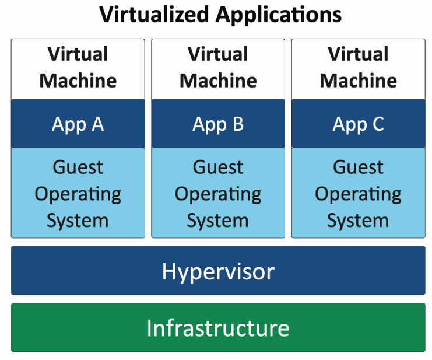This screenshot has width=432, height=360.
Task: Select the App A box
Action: point(78,124)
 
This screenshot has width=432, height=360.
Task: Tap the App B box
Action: point(218,124)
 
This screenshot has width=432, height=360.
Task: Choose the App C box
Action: point(358,124)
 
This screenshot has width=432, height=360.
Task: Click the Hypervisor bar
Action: point(218,271)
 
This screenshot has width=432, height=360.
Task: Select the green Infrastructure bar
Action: point(218,327)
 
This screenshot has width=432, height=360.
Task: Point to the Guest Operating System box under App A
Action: point(78,194)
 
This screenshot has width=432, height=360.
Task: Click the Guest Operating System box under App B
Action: point(218,194)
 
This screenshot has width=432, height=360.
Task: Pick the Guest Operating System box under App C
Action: point(358,194)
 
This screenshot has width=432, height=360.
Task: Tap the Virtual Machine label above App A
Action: point(78,67)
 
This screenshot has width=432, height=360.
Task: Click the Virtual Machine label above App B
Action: point(218,67)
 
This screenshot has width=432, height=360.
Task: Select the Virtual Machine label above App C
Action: point(358,67)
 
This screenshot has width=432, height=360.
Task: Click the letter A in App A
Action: point(97,124)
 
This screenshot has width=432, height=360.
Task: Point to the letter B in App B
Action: point(237,124)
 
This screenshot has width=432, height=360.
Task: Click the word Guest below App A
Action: point(78,167)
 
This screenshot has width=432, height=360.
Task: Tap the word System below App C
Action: point(358,221)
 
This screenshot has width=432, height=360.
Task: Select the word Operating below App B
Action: point(218,194)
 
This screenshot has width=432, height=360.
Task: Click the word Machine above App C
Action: point(358,80)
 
